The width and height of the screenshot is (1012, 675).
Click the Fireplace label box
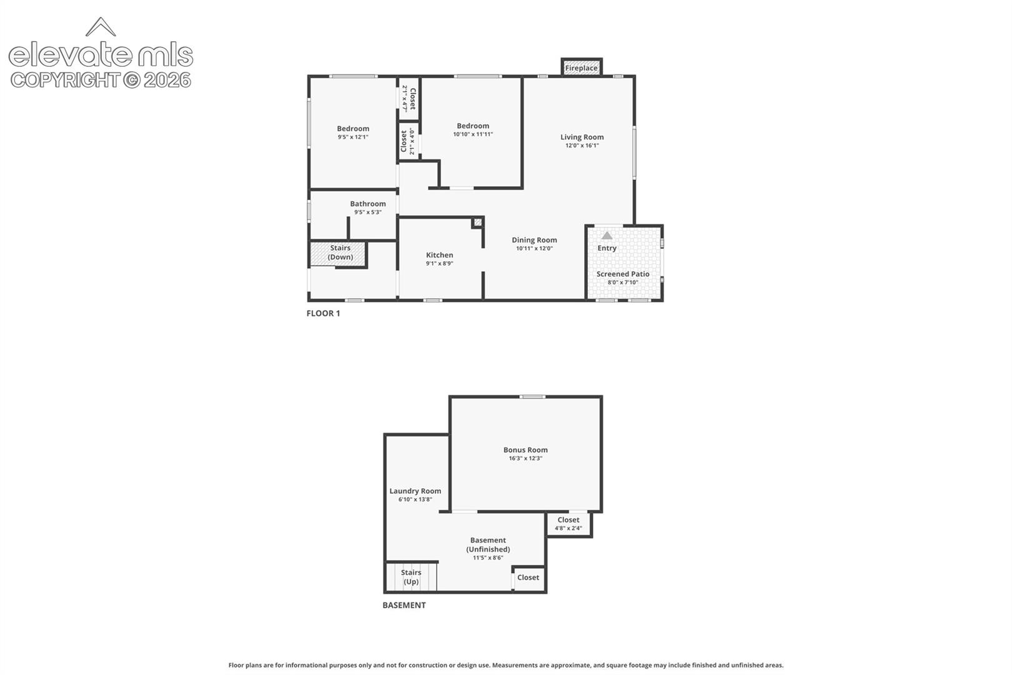[582, 67]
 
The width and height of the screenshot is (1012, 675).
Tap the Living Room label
[582, 137]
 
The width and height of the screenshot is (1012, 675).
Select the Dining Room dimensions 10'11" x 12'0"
[535, 248]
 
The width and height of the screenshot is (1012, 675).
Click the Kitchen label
[439, 255]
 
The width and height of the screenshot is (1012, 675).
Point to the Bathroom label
[368, 204]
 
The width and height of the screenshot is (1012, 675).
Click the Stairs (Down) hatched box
[337, 253]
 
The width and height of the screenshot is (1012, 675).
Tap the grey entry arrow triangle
[607, 236]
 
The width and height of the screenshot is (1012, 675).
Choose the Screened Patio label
[623, 274]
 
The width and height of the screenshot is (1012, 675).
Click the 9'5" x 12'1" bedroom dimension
[353, 137]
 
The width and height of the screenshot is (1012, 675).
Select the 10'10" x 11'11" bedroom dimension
[472, 134]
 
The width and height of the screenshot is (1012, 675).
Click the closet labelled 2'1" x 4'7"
[409, 99]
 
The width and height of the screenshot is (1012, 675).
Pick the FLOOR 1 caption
[323, 313]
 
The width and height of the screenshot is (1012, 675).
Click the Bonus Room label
[525, 450]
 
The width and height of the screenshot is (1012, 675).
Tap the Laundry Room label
[415, 491]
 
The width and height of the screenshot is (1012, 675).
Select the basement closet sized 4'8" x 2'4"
[568, 524]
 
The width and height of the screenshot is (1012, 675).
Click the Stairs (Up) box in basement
[411, 577]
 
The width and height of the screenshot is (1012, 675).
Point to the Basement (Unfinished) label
[488, 545]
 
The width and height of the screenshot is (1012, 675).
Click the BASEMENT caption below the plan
[404, 606]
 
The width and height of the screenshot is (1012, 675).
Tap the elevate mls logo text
[101, 54]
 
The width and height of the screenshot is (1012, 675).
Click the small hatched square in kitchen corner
[477, 222]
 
